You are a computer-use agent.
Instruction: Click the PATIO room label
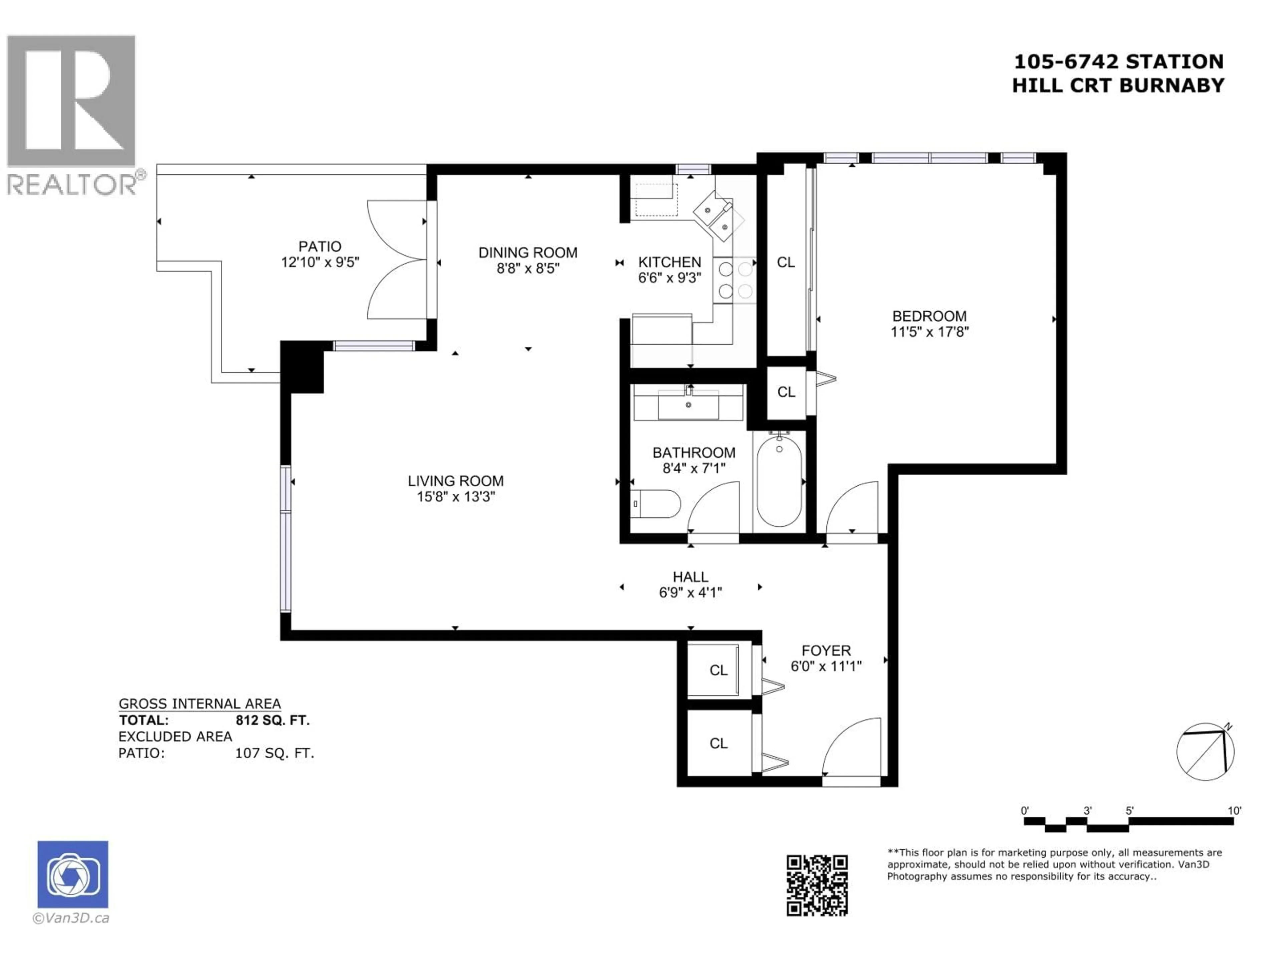[x=319, y=247]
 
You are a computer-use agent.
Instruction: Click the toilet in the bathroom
[x=656, y=504]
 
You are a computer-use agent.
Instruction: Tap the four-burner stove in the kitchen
[x=734, y=280]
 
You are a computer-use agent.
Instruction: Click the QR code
[x=817, y=885]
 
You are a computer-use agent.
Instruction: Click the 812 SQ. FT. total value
[x=272, y=720]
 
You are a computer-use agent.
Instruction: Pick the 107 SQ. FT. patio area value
[x=274, y=753]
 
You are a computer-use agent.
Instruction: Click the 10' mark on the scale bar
[x=1234, y=811]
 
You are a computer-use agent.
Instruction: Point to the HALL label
[x=690, y=577]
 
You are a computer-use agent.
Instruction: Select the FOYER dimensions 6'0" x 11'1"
[x=826, y=666]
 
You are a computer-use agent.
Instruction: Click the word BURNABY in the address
[x=1171, y=85]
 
